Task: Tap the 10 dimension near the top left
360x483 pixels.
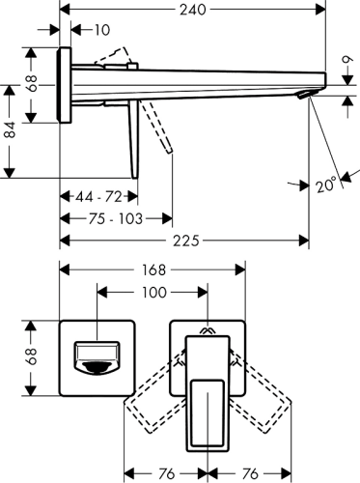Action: (x=100, y=32)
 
